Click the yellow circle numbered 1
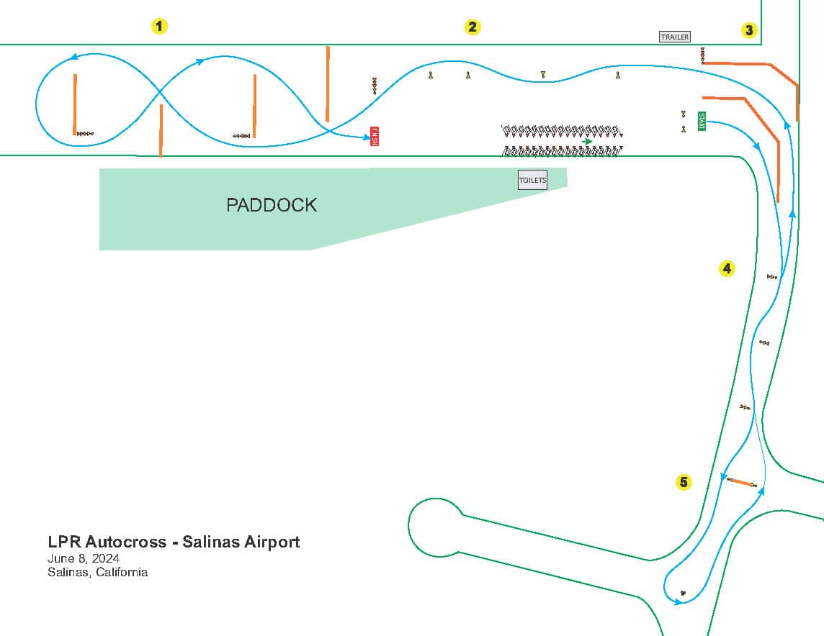click(x=159, y=27)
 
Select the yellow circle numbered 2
click(x=472, y=27)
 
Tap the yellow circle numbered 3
click(x=749, y=30)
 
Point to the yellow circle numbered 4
click(x=727, y=268)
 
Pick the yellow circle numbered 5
click(x=684, y=482)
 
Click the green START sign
click(x=702, y=122)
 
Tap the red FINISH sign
click(x=375, y=136)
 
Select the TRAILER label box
click(x=675, y=37)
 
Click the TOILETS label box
click(x=532, y=180)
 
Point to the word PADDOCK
click(x=272, y=205)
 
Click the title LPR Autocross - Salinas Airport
click(x=174, y=542)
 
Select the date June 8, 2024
click(x=84, y=558)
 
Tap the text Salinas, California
click(x=97, y=573)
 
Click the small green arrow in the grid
click(x=588, y=141)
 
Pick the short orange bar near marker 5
click(x=742, y=482)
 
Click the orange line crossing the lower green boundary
click(x=161, y=130)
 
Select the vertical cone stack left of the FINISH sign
click(x=375, y=86)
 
